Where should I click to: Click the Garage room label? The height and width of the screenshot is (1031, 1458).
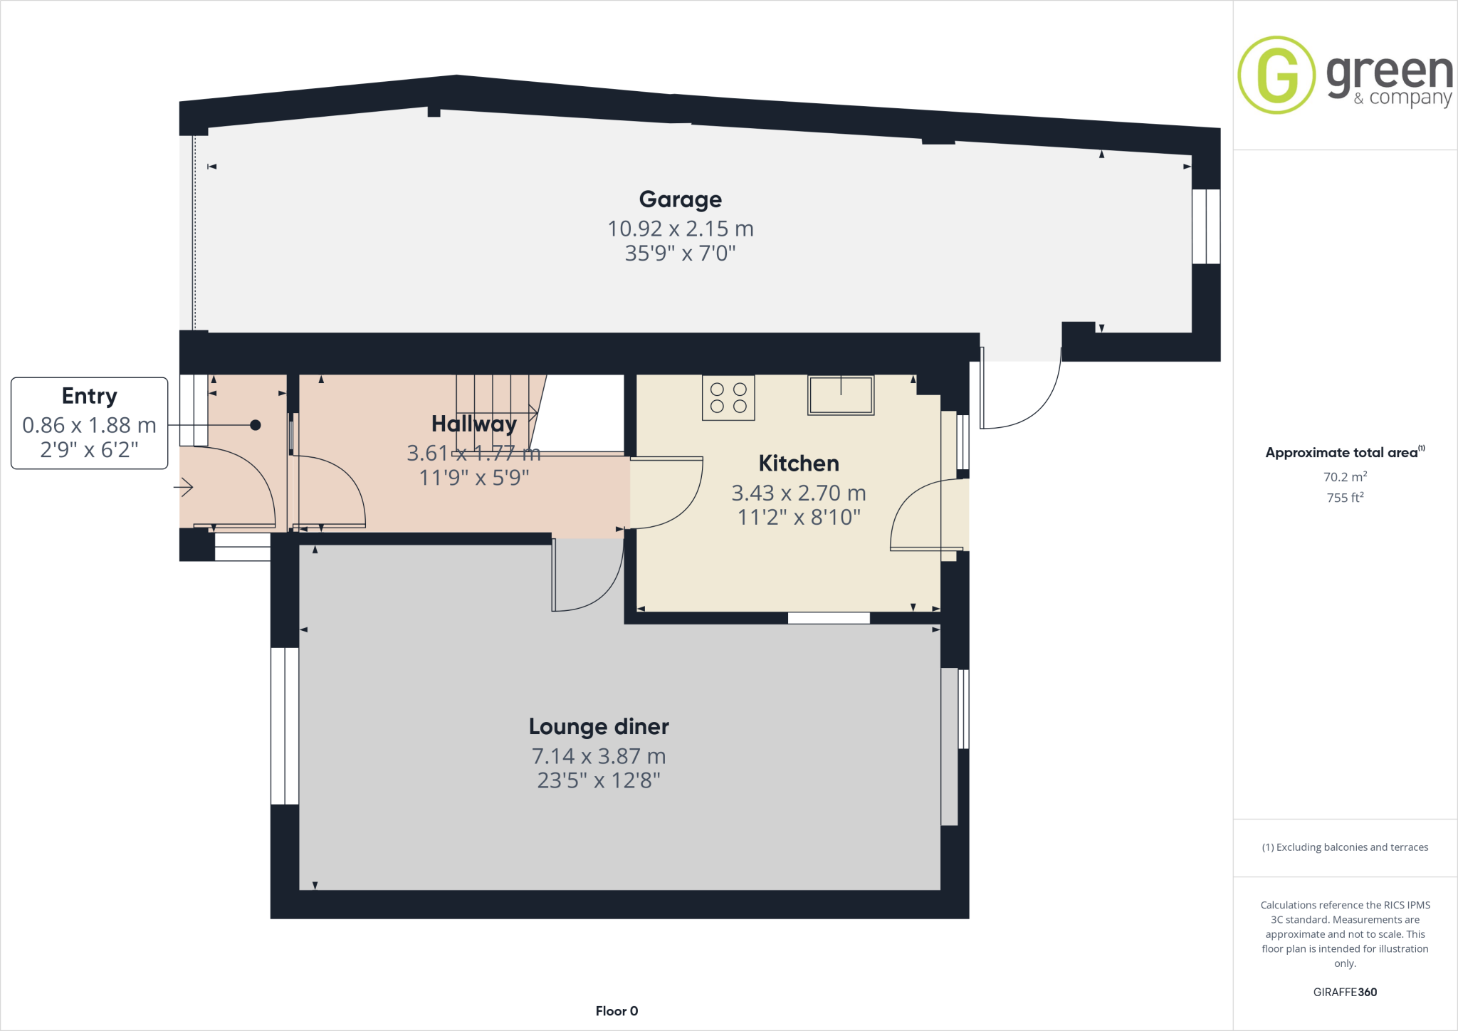point(680,199)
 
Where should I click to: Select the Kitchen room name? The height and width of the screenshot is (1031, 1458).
point(798,464)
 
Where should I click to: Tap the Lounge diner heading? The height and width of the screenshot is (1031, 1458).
point(598,726)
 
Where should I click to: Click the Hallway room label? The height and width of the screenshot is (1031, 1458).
point(473,424)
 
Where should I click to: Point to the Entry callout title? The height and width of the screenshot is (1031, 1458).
point(89,396)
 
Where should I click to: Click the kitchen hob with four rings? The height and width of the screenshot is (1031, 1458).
point(728,398)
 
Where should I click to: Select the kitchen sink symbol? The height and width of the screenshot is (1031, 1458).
point(840,395)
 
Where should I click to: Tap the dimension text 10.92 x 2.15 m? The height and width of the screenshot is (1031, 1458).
point(680,229)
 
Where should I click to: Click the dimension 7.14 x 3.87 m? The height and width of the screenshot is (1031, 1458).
point(598,756)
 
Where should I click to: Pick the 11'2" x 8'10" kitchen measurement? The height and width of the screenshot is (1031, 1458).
point(798,518)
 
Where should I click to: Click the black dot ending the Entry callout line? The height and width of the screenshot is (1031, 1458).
point(255,425)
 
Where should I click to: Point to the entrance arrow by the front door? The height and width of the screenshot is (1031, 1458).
point(184,488)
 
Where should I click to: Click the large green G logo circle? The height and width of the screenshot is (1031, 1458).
point(1276,75)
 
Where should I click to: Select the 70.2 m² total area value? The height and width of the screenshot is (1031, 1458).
point(1344,477)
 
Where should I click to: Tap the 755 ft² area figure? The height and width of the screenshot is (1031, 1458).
point(1344,498)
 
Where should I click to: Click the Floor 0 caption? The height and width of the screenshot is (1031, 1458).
point(617,1011)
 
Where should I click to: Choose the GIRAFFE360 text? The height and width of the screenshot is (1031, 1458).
point(1344,992)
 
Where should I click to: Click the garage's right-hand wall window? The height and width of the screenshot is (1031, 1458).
point(1206,226)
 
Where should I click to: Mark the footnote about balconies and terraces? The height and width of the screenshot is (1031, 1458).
point(1344,847)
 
